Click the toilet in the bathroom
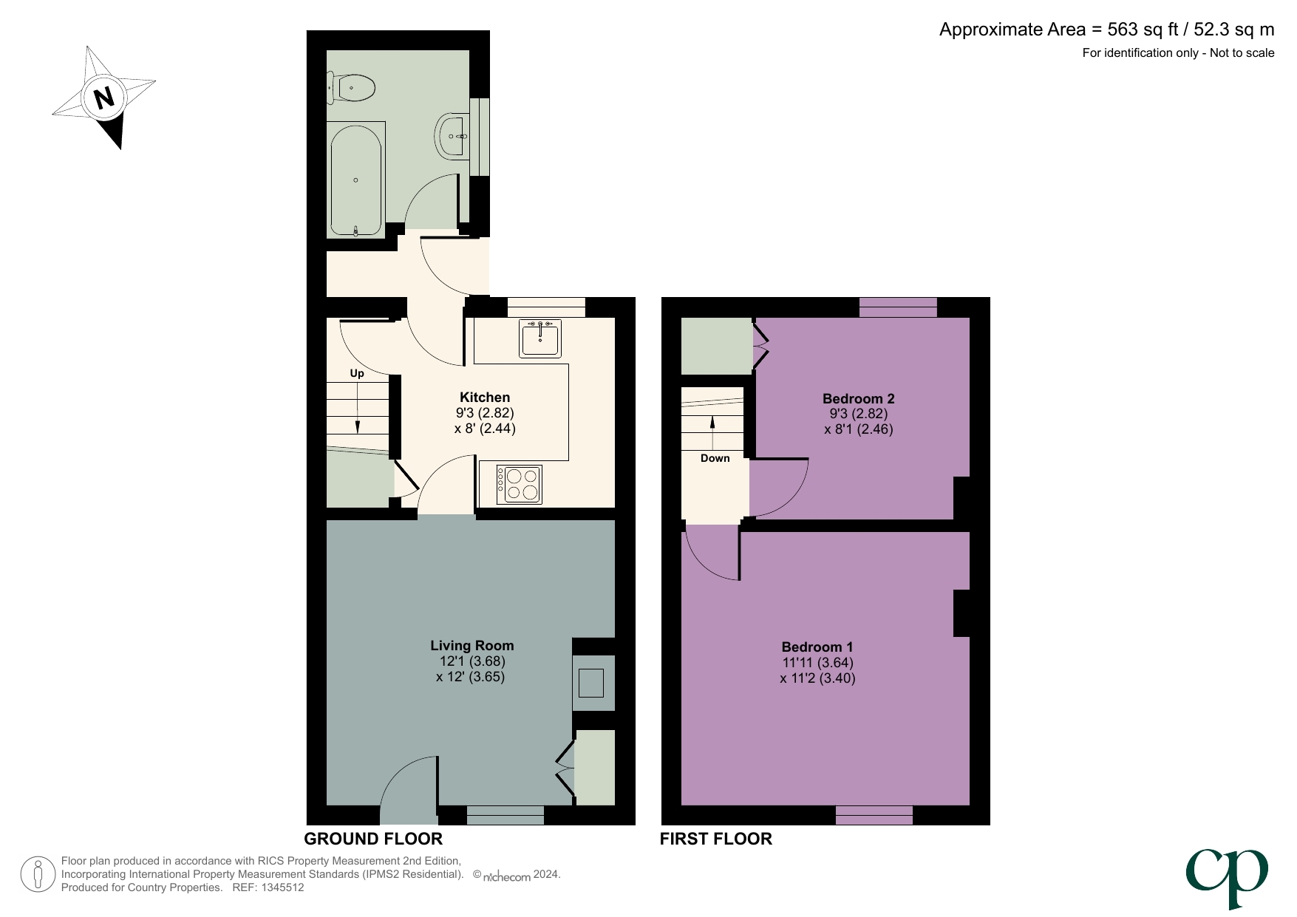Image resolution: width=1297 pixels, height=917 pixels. [353, 88]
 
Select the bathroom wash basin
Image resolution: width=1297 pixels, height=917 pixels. [452, 136]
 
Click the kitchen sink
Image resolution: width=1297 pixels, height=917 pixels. [540, 338]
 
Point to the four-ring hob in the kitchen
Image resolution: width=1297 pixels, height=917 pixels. [520, 485]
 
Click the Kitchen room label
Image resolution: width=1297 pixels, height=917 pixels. [485, 398]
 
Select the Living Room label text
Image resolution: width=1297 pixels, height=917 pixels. [472, 646]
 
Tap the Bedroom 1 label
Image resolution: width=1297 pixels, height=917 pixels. [817, 647]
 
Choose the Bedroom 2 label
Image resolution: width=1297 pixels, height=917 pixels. [859, 398]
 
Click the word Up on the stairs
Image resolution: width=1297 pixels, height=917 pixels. [357, 374]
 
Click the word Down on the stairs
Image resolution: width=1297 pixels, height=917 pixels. [715, 458]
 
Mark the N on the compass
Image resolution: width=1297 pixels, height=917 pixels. [104, 98]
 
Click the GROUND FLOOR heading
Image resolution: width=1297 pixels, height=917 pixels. [373, 839]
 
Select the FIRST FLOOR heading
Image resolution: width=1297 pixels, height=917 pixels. [715, 839]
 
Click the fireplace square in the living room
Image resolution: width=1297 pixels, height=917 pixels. [591, 683]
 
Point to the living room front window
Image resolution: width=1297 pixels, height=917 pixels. [505, 815]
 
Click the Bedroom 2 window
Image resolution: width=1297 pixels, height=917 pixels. [898, 307]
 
